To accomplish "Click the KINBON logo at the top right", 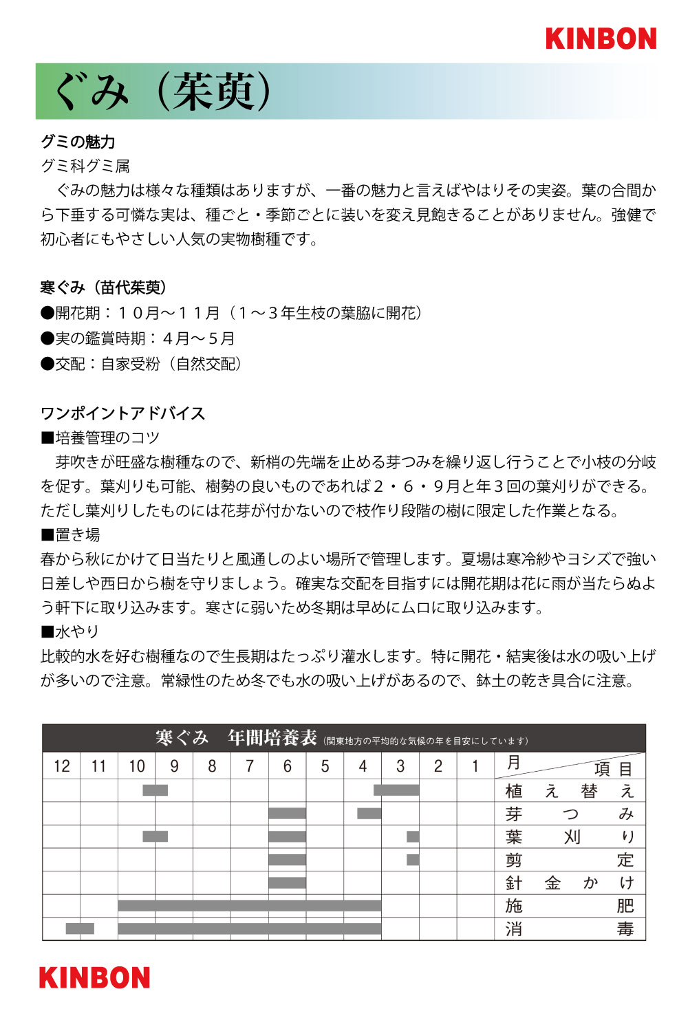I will coord(601,39).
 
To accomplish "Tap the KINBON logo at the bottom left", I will coord(94,977).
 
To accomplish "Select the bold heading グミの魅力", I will coord(78,142).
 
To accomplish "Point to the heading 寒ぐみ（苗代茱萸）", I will coord(104,287).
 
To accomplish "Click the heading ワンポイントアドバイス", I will coord(123,413).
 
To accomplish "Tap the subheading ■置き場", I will coord(70,534).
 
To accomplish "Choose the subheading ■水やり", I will coord(70,631).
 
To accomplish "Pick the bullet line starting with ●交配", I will coord(142,364).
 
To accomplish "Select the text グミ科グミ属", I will coord(85,166).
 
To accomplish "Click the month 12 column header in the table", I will coord(62,766).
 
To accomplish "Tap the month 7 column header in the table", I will coord(250,766).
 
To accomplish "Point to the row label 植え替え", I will coord(570,791).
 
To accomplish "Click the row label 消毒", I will coord(570,929).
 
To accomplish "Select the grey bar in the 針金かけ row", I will coord(287,882).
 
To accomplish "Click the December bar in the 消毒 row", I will coord(80,929).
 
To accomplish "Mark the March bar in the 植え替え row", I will coord(396,790).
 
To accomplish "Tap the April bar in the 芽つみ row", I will coord(369,814).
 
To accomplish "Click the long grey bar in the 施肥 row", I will coord(249,905).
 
